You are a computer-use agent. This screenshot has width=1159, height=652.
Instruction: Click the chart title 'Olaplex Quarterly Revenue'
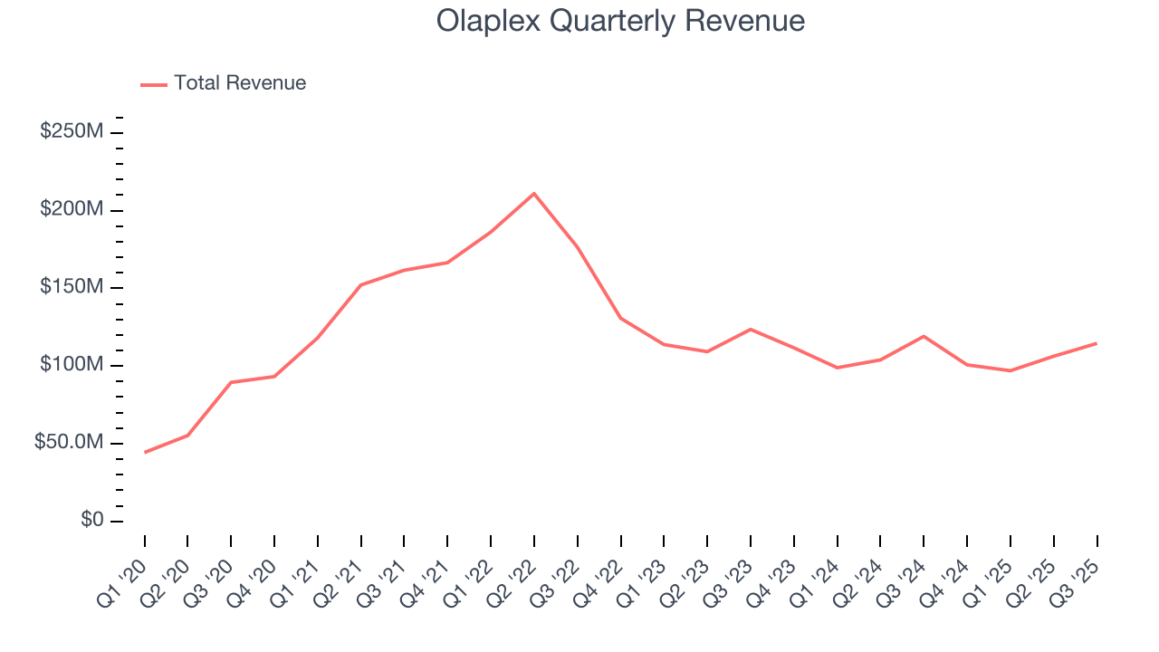[x=620, y=21]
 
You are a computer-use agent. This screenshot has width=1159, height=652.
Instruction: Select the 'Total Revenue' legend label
[x=240, y=83]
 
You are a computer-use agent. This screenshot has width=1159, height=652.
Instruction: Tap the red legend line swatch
[x=154, y=84]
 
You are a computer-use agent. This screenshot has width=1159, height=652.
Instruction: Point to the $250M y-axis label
[x=72, y=132]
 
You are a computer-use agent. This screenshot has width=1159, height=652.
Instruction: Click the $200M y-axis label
[x=72, y=210]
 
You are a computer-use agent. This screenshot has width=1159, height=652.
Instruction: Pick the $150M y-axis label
[x=72, y=288]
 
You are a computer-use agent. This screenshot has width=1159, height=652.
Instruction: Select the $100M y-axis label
[x=72, y=366]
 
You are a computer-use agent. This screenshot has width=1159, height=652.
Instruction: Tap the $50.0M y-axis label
[x=69, y=443]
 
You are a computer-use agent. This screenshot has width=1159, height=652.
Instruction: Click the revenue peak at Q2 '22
[x=534, y=194]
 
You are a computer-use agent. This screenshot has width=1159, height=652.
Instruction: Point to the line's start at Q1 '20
[x=145, y=452]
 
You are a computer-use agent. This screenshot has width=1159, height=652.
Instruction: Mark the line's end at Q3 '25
[x=1097, y=343]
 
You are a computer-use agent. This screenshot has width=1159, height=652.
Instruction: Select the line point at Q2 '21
[x=361, y=285]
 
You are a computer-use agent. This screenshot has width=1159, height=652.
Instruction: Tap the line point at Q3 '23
[x=751, y=329]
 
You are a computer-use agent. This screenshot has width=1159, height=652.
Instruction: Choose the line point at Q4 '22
[x=620, y=318]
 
